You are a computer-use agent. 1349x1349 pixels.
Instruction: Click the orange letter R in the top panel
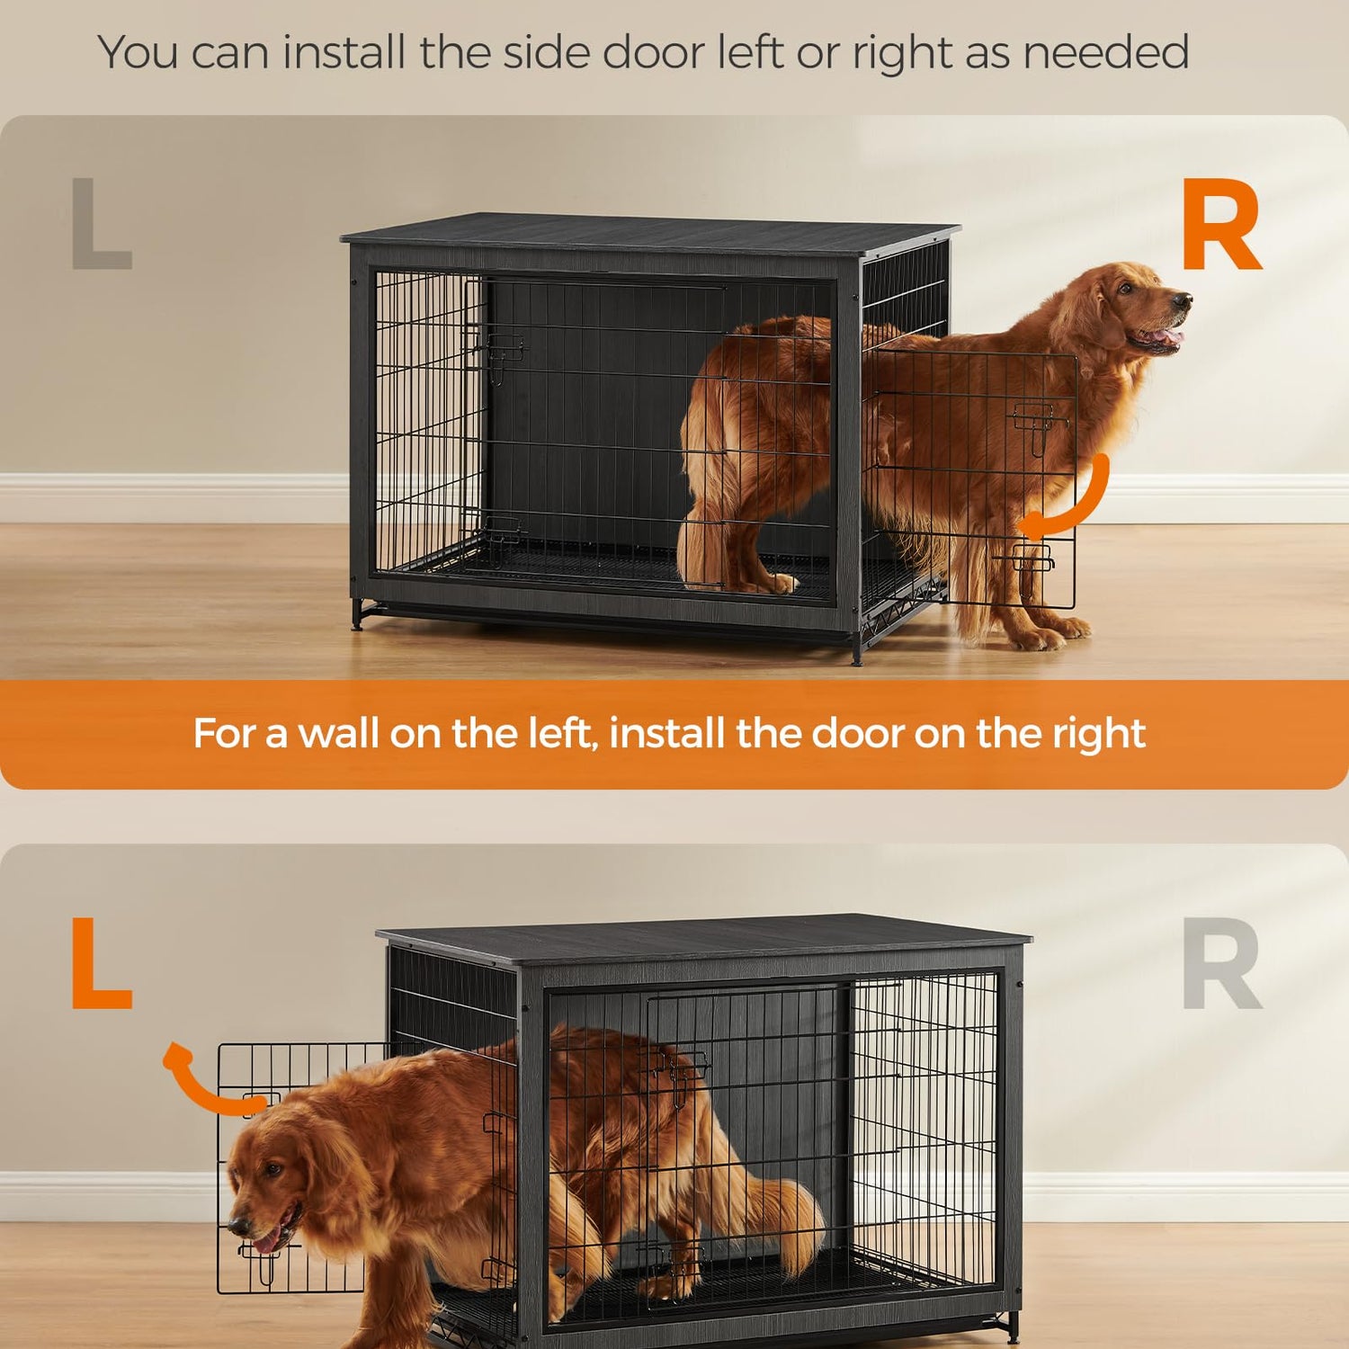click(x=1220, y=225)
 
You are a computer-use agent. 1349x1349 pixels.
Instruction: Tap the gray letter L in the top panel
click(x=101, y=223)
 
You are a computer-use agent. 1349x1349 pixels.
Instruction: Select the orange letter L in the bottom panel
click(x=101, y=964)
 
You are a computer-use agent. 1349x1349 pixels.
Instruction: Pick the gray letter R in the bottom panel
click(x=1220, y=964)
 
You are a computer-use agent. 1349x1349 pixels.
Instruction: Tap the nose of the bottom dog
click(x=238, y=1226)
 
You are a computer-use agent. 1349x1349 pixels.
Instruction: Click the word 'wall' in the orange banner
click(x=335, y=734)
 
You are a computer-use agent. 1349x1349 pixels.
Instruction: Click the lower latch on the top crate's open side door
click(x=1032, y=558)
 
